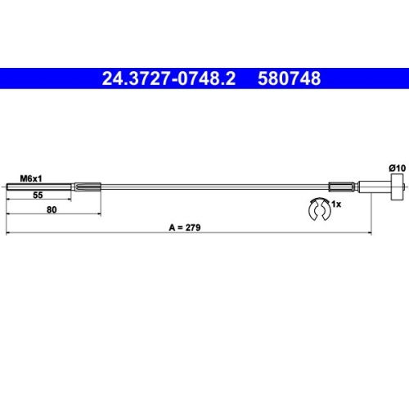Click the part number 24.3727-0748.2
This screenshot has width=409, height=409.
(169, 79)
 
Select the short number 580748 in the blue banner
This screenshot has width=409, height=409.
(290, 79)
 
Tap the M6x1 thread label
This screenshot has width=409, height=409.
(31, 179)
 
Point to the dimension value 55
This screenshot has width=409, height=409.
(38, 195)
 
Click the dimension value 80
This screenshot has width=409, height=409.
(52, 209)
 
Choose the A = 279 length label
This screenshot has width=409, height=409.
(185, 227)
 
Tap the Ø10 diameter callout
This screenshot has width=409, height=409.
(398, 169)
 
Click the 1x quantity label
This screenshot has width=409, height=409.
(336, 204)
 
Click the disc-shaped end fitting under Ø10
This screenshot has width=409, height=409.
(397, 187)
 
